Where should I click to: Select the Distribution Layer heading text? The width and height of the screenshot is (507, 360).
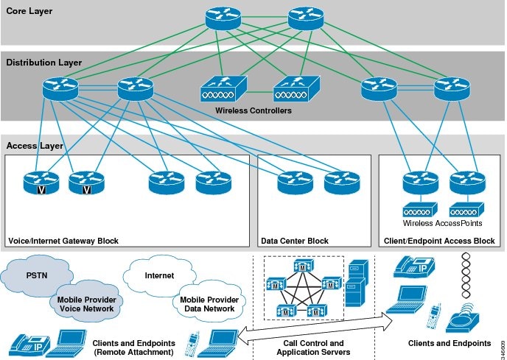[x=43, y=63]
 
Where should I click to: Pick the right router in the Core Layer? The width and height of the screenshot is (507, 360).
[x=305, y=19]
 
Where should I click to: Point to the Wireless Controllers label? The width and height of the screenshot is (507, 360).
[x=253, y=111]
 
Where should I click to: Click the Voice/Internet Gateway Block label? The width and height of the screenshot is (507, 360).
[x=63, y=241]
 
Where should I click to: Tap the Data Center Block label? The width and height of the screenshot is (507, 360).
[x=295, y=241]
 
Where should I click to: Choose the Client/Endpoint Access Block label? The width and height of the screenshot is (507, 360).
[x=439, y=241]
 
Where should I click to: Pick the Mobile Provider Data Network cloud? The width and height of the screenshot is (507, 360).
[x=206, y=303]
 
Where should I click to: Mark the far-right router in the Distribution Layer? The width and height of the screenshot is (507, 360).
[x=450, y=89]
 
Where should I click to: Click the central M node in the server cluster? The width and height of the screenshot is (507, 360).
[x=303, y=284]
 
